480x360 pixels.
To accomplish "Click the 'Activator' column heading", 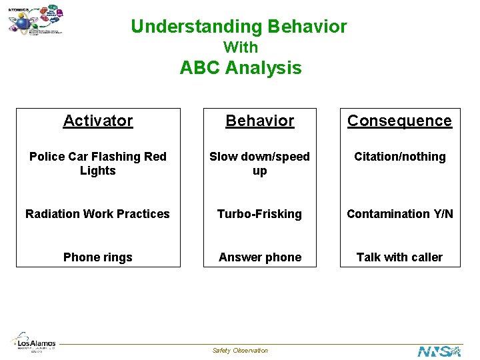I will click(98, 121).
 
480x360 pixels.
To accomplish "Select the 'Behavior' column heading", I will click(259, 121).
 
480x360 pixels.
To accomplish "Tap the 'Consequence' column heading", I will click(399, 121).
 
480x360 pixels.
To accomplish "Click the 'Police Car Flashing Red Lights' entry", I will click(98, 163).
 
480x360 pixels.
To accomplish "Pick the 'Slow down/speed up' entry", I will click(259, 163).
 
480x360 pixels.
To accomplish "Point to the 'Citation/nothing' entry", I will click(399, 157).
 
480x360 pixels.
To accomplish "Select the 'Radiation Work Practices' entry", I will click(98, 214).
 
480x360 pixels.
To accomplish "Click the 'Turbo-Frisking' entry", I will click(259, 214).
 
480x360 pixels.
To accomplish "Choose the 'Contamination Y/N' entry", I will click(399, 214).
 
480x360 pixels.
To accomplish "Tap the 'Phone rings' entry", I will click(98, 257).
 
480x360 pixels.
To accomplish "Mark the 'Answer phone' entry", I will click(259, 257).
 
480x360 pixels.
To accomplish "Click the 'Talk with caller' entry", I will click(399, 257).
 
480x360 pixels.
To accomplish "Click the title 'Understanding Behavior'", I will click(239, 27).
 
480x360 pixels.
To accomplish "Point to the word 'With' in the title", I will click(240, 47).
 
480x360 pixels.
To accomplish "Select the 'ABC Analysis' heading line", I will click(240, 68).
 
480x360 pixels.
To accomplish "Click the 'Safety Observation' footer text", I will click(240, 351).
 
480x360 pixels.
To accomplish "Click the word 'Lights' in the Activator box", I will click(98, 171).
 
